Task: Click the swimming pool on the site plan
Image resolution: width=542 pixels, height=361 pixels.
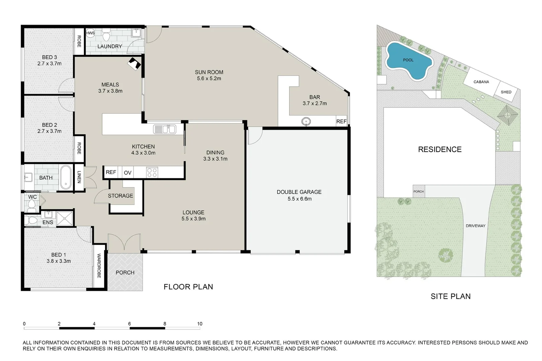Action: click(x=408, y=60)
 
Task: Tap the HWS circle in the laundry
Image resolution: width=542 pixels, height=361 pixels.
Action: click(x=90, y=33)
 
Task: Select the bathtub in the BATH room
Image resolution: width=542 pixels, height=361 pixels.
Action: click(x=66, y=177)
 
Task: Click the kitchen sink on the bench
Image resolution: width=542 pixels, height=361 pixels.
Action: click(x=165, y=129)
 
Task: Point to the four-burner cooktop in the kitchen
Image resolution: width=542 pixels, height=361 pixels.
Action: click(x=152, y=172)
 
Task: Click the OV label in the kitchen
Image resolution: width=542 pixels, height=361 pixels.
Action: click(x=127, y=173)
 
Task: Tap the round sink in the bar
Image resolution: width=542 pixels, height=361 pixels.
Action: click(x=306, y=121)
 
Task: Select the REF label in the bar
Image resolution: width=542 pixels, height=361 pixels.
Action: click(x=341, y=121)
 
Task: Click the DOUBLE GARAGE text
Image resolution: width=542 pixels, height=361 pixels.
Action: click(x=299, y=192)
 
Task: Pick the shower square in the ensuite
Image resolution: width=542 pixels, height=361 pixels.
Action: click(x=65, y=218)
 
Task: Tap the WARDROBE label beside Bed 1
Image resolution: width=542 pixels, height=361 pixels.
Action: click(x=99, y=266)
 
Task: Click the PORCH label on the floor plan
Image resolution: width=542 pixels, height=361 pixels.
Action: click(x=125, y=272)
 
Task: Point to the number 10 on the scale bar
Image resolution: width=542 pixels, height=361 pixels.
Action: click(x=200, y=324)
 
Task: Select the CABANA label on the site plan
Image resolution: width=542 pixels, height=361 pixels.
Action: click(x=481, y=82)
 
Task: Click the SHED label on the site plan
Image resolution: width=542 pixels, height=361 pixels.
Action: click(x=506, y=92)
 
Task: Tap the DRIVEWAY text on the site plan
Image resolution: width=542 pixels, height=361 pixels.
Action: click(x=475, y=226)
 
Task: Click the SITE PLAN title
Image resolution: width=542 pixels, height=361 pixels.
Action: click(x=450, y=296)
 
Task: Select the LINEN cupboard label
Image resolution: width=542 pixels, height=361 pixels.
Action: click(x=79, y=177)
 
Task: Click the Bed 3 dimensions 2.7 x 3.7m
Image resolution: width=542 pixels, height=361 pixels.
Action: click(x=50, y=64)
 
